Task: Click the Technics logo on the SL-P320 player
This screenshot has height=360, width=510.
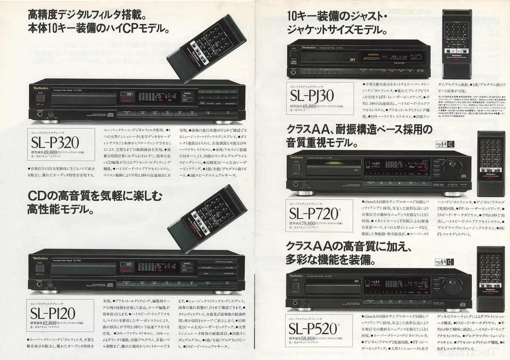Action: click(40, 87)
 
